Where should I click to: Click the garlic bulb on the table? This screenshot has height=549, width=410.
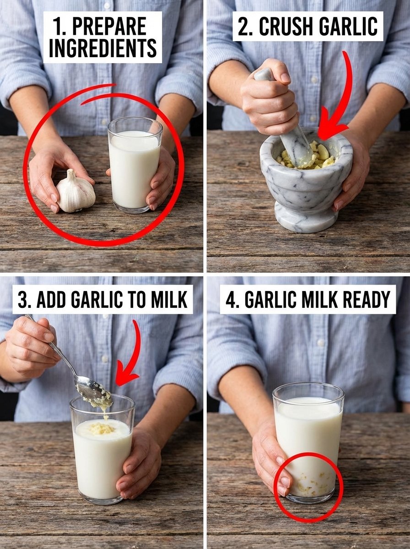[x=75, y=192]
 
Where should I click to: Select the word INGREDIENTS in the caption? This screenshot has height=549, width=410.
[x=102, y=49]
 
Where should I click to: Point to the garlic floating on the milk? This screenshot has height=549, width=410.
[x=102, y=428]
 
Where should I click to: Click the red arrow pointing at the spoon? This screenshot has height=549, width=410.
[x=130, y=357]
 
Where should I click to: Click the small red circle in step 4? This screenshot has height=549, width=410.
[x=308, y=487]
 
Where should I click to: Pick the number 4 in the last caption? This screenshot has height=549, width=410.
[x=230, y=300]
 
